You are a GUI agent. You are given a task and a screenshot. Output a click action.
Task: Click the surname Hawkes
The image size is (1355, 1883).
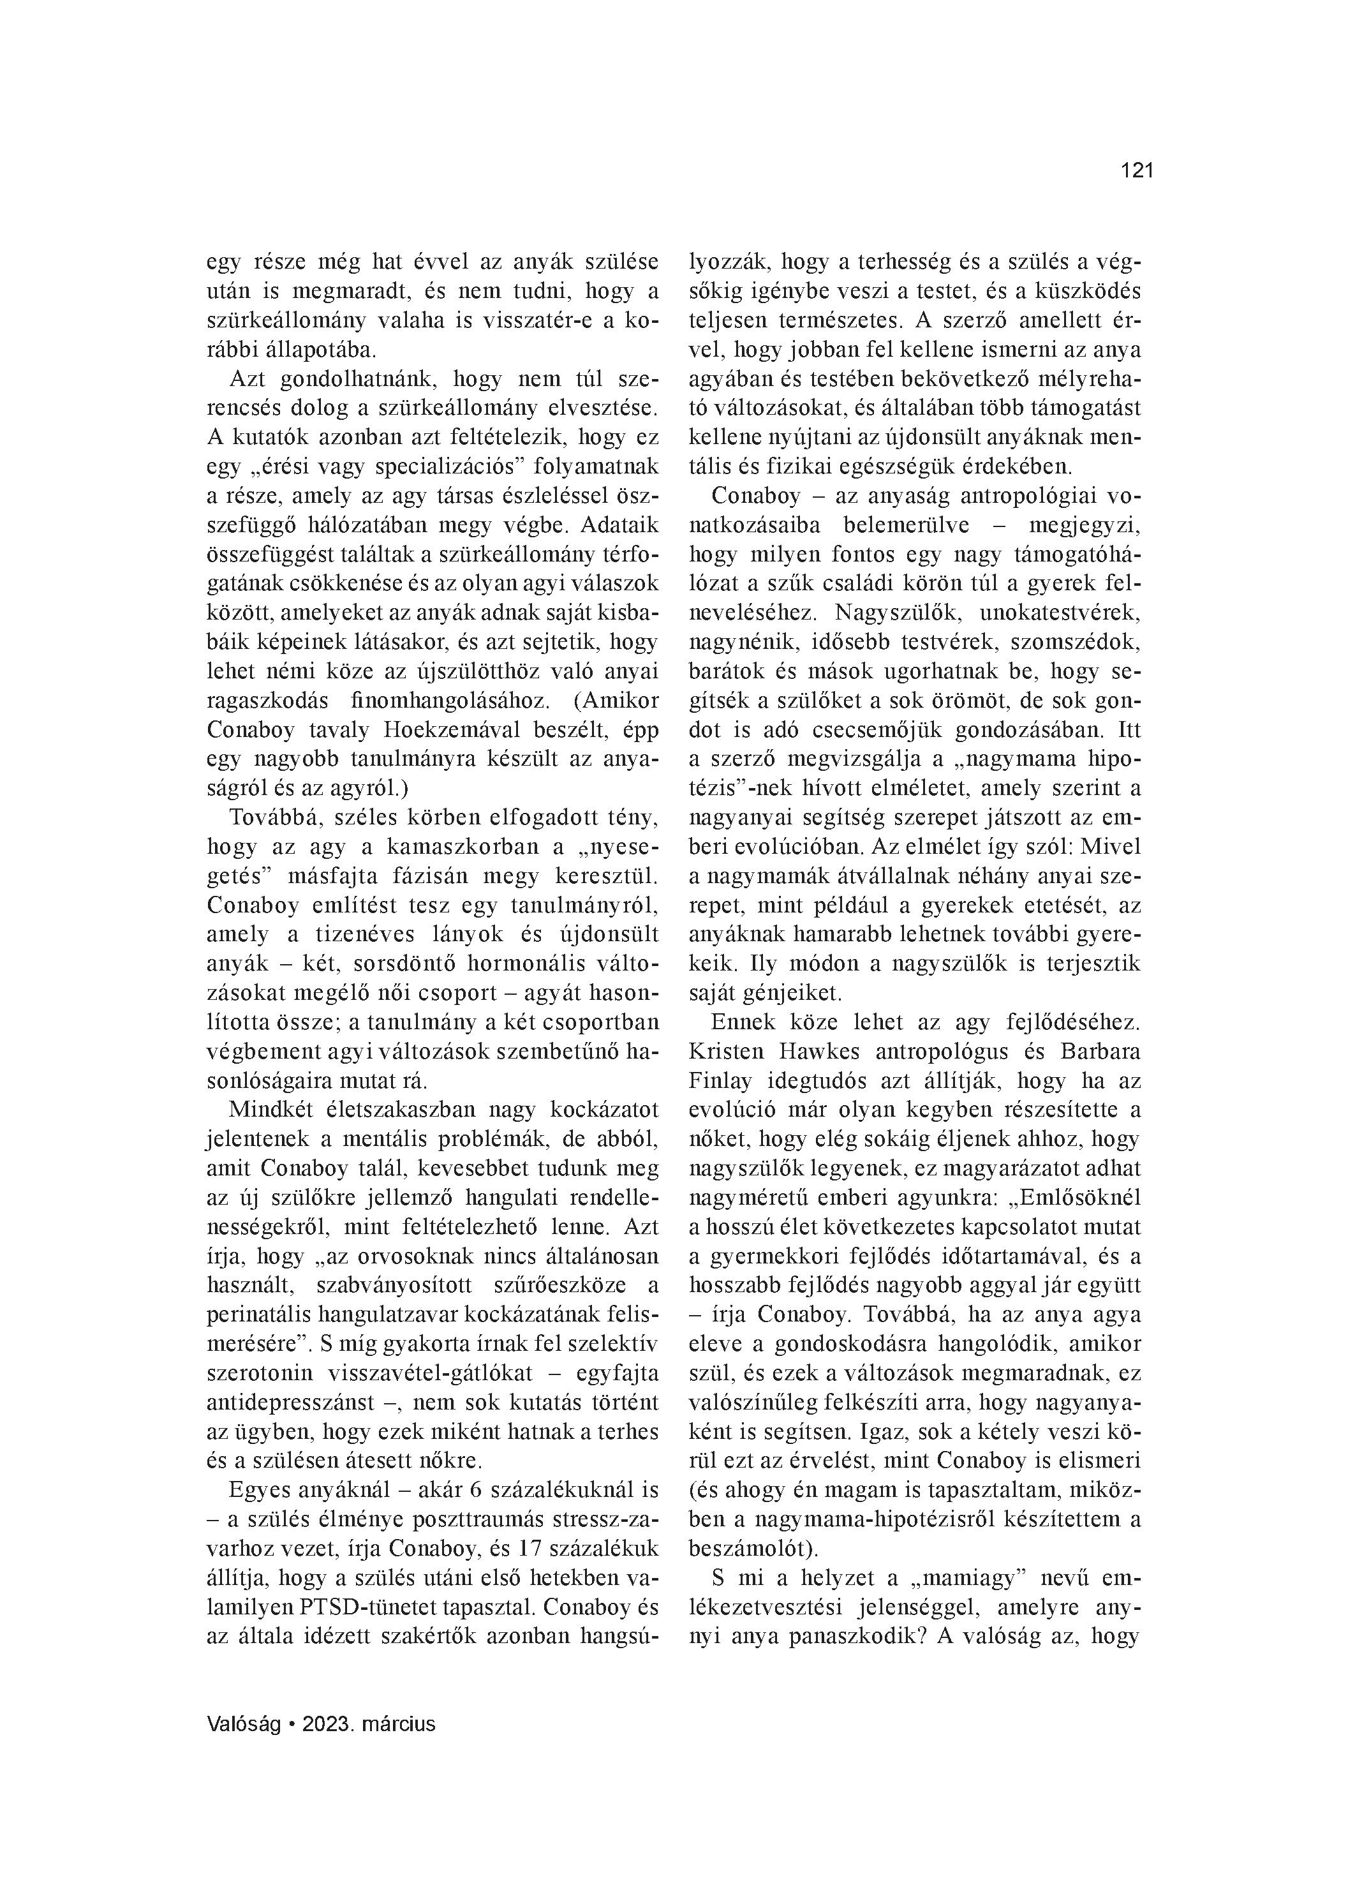pyautogui.click(x=827, y=1051)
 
